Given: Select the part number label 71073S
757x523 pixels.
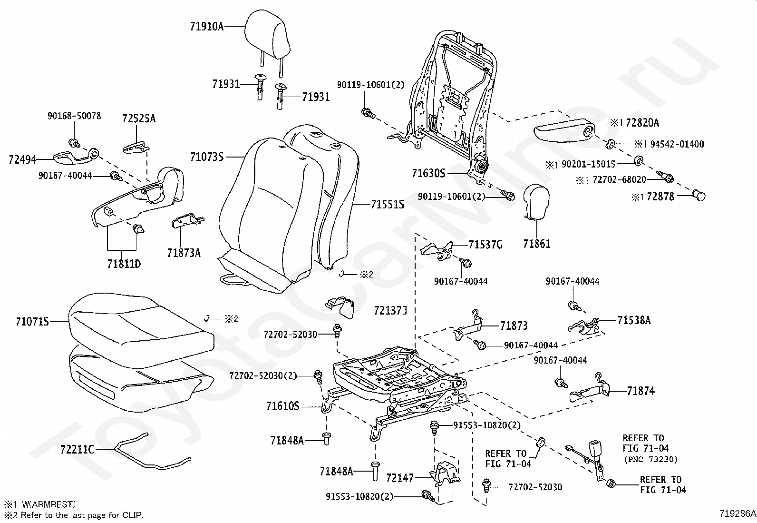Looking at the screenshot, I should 207,157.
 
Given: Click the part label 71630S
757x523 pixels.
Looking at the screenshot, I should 428,174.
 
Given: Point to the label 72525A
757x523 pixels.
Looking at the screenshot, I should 138,118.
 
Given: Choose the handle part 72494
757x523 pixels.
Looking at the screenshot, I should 71,157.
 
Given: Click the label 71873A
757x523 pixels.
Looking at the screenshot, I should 184,253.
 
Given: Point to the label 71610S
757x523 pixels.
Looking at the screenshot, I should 282,406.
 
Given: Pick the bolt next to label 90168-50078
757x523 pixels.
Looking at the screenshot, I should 74,142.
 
